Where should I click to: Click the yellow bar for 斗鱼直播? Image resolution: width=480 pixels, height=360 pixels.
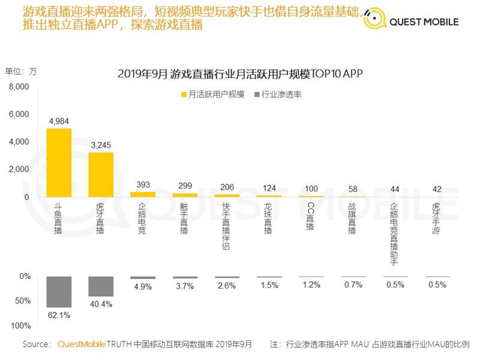[x=59, y=163]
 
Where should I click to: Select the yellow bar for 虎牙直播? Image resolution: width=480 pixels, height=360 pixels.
[x=101, y=175]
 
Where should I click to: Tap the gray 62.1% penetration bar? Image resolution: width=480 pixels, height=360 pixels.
[x=59, y=292]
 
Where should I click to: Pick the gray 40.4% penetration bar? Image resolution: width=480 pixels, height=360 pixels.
[x=101, y=286]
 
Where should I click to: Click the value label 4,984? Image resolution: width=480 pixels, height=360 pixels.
[x=59, y=121]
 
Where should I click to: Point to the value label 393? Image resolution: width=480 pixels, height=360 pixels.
[x=143, y=184]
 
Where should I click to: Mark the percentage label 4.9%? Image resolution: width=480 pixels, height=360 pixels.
[x=143, y=286]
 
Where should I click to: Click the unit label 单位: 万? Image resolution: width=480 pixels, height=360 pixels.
[x=21, y=71]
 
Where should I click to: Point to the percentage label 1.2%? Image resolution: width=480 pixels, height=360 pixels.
[x=310, y=285]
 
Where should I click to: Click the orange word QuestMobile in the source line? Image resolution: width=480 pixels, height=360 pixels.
[x=81, y=344]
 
